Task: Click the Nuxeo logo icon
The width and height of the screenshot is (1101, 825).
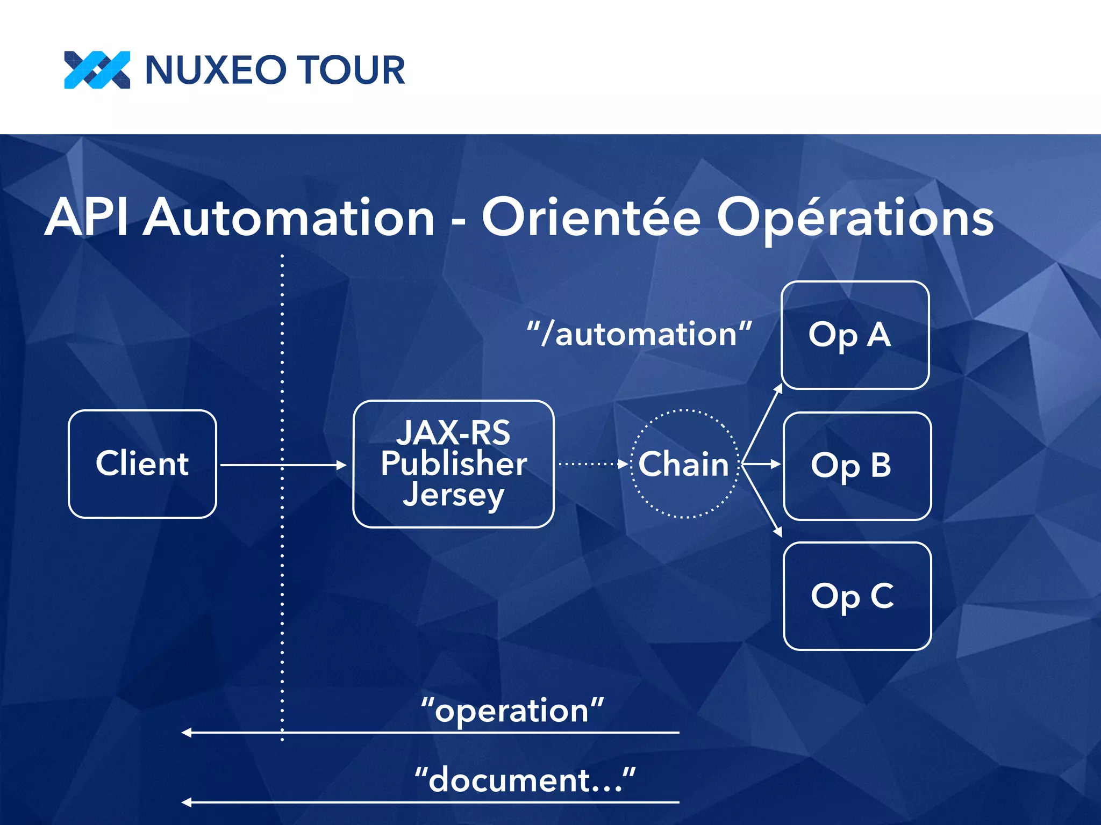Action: pyautogui.click(x=97, y=70)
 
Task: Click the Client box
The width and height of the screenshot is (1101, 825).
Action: pyautogui.click(x=142, y=464)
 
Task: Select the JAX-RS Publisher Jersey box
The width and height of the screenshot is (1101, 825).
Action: pyautogui.click(x=453, y=464)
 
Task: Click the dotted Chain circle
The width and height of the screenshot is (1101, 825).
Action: pyautogui.click(x=684, y=464)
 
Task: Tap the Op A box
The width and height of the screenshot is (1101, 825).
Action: pyautogui.click(x=855, y=335)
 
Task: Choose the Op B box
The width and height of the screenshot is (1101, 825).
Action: pyautogui.click(x=857, y=466)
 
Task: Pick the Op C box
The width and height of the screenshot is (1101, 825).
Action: pyautogui.click(x=857, y=596)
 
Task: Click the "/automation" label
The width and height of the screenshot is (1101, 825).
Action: pyautogui.click(x=639, y=335)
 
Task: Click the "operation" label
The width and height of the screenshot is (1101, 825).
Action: pyautogui.click(x=512, y=711)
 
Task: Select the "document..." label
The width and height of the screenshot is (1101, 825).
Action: pyautogui.click(x=525, y=780)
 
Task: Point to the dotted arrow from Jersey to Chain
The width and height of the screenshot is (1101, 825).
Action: pyautogui.click(x=591, y=464)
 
